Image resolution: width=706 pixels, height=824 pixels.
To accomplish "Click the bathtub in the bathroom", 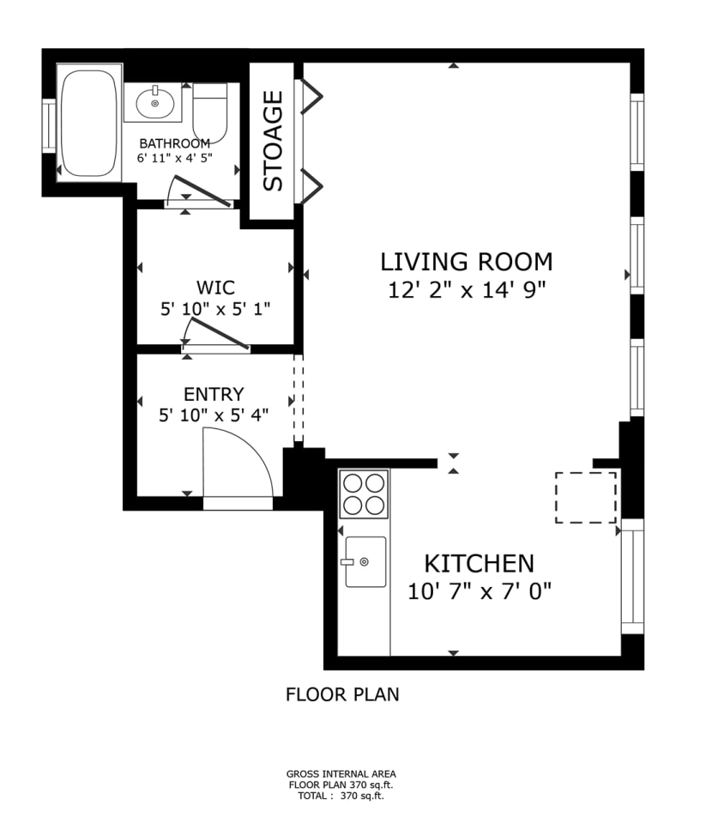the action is (x=88, y=123).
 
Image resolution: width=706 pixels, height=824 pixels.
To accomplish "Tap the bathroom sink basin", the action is (x=155, y=104).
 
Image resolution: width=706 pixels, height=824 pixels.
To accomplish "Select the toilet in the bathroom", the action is (x=210, y=113).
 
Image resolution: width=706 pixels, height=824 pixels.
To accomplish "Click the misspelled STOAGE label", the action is (x=273, y=141).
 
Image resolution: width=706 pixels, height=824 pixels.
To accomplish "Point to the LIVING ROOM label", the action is (x=467, y=262).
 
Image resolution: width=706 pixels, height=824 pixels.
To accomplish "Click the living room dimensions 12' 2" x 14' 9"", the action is (x=467, y=289).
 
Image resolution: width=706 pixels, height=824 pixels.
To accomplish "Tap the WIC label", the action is (x=215, y=288).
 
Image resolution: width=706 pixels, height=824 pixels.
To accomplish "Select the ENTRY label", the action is (x=214, y=394).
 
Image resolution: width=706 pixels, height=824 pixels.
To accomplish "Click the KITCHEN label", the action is (x=479, y=564).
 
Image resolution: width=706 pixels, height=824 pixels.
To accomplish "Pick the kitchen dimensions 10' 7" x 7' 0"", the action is (x=479, y=591).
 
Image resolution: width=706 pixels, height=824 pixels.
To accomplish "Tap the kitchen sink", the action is (x=365, y=561).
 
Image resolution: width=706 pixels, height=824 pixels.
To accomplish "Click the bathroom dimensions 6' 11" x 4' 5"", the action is (x=175, y=158).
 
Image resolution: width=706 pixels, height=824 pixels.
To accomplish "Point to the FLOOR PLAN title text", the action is (x=342, y=694).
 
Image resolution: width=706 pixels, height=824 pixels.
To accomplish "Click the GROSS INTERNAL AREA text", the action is (x=341, y=774).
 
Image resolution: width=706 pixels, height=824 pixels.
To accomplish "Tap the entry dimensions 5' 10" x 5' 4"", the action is (x=214, y=415).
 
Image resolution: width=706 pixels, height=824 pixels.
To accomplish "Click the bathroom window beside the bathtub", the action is (x=49, y=125).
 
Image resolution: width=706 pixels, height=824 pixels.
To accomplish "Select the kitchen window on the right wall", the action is (x=632, y=577).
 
